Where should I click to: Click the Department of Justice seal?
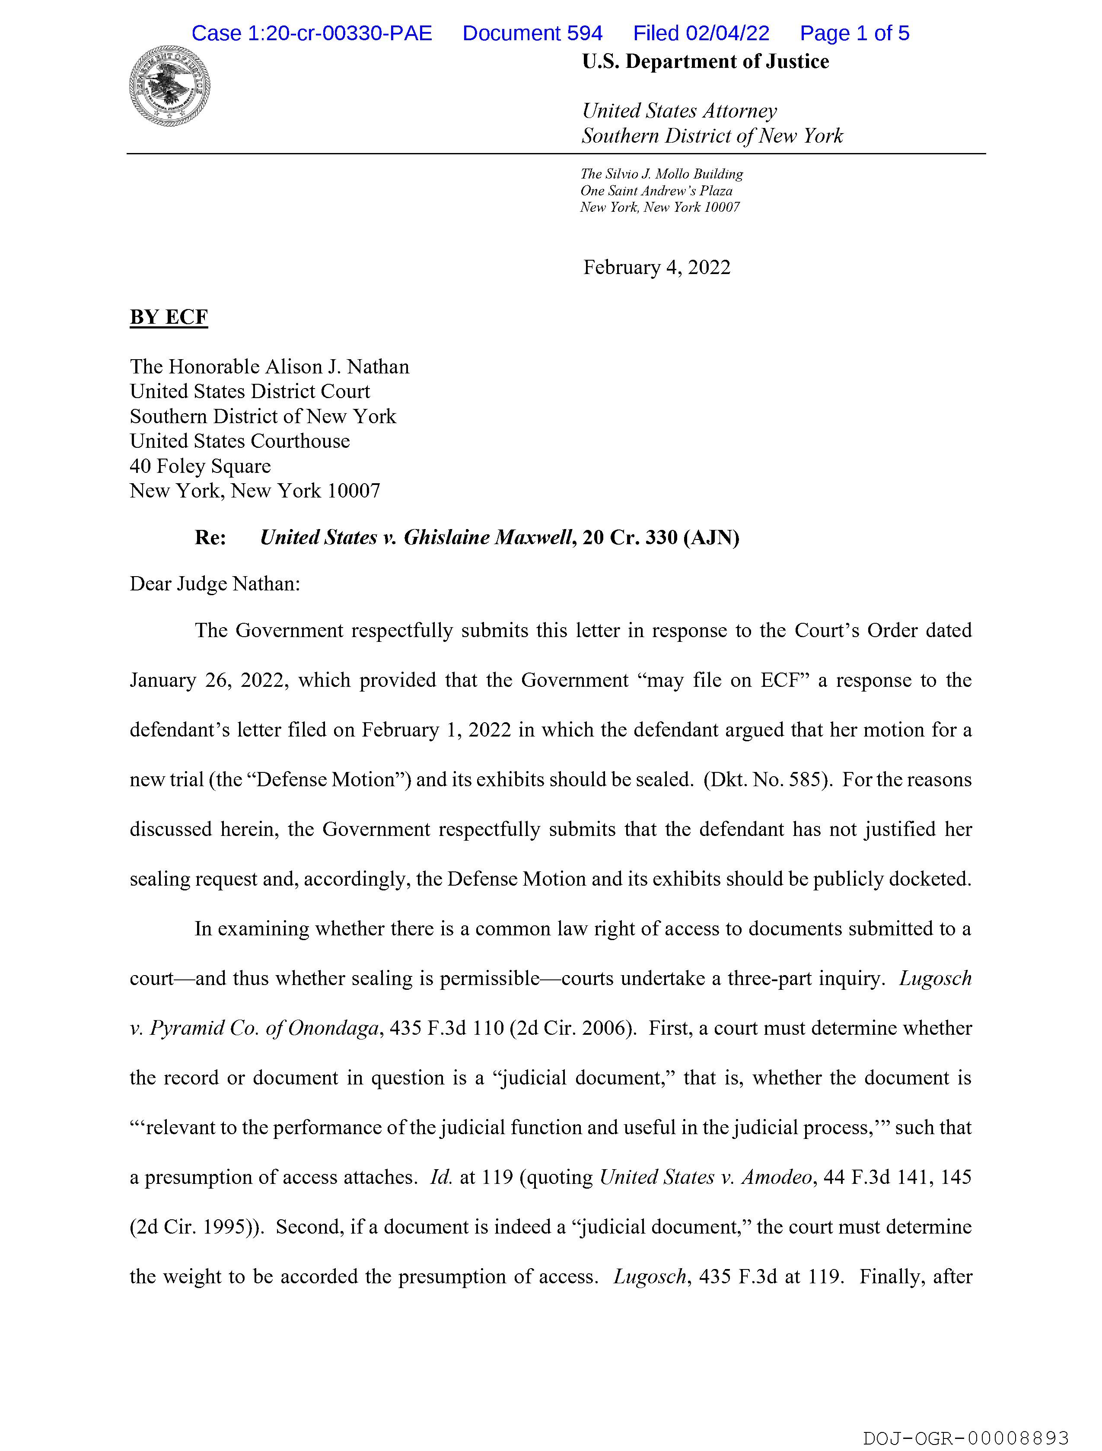click(x=170, y=86)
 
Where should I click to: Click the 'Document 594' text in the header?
click(x=532, y=33)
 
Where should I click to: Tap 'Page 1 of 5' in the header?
click(x=854, y=33)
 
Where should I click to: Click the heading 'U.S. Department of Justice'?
click(x=705, y=62)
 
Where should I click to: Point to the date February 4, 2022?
click(x=656, y=268)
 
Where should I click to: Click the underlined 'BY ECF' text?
click(x=169, y=318)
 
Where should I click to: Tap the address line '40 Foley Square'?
click(x=200, y=466)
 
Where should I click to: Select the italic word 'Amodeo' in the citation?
click(x=777, y=1177)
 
